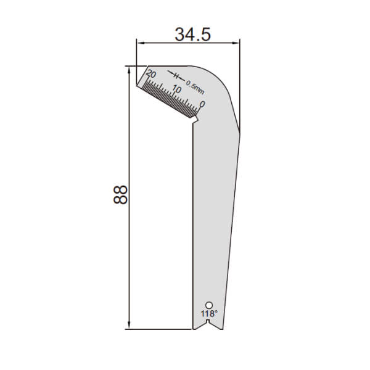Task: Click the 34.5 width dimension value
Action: [192, 35]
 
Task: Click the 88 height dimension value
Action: [120, 195]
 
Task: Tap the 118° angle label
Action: [209, 314]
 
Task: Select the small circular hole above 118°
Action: [209, 305]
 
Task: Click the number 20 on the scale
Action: [151, 74]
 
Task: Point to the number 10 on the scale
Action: [176, 89]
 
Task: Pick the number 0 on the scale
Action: [202, 104]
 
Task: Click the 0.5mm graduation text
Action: [195, 87]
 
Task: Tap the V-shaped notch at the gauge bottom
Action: [208, 326]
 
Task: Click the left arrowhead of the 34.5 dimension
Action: [141, 43]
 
